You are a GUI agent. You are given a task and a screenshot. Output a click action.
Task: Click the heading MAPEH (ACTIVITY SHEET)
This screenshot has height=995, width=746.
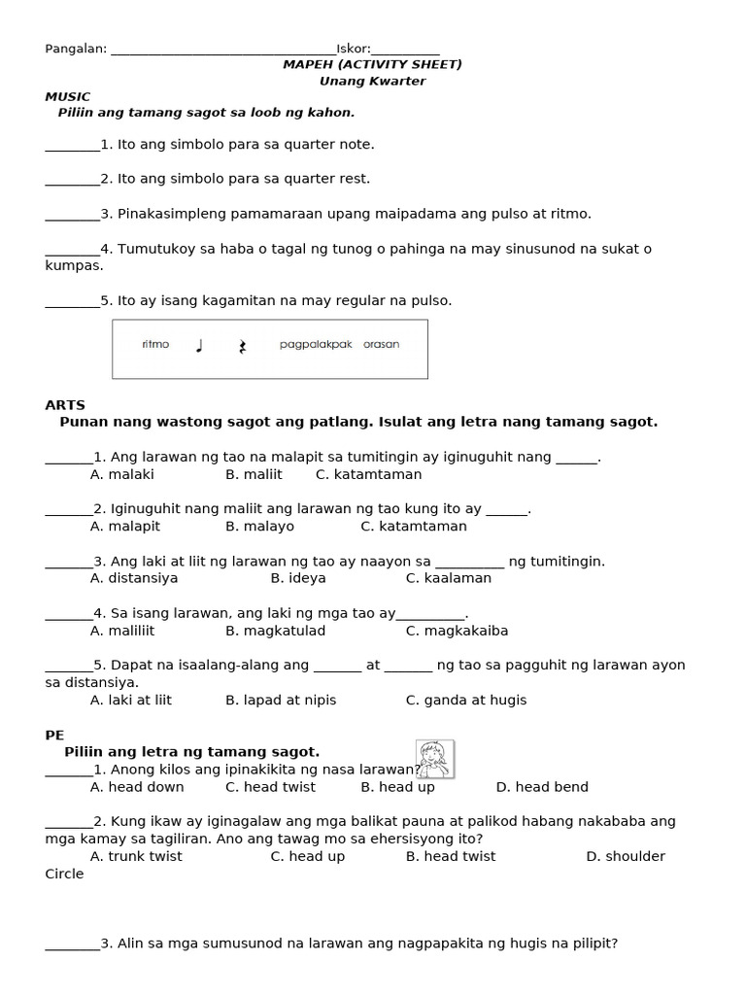[372, 64]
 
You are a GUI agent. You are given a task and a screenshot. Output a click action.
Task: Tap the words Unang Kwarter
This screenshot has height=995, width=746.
[372, 81]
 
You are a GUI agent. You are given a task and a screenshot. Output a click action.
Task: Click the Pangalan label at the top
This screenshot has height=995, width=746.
[76, 49]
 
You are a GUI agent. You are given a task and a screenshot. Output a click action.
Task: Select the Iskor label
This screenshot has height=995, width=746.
[354, 49]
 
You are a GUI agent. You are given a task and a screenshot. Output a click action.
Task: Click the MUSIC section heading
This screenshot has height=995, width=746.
[68, 96]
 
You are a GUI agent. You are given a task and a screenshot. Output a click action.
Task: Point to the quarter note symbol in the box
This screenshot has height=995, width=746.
[199, 345]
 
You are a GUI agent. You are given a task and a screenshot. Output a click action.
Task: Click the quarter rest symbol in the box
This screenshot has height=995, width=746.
[242, 346]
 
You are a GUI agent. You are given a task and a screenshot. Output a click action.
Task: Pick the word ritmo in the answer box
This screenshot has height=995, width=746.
[155, 344]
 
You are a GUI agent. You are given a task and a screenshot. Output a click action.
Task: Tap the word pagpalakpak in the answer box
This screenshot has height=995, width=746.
[316, 344]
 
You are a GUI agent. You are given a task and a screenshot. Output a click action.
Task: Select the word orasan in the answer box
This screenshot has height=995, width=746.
[381, 344]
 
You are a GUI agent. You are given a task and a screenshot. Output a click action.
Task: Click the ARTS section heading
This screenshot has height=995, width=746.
[65, 404]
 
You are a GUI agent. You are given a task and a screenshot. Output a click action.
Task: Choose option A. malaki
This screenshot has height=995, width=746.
[121, 474]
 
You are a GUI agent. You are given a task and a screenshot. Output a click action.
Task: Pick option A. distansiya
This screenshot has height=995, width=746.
[134, 578]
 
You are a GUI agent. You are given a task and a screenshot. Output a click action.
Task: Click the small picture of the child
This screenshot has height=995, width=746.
[434, 759]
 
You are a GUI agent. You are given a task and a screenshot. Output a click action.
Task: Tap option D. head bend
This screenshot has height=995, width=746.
[542, 787]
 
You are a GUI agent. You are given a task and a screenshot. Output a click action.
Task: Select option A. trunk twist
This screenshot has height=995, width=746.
[136, 856]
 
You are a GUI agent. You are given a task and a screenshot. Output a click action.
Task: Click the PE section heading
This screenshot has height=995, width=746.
[54, 736]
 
